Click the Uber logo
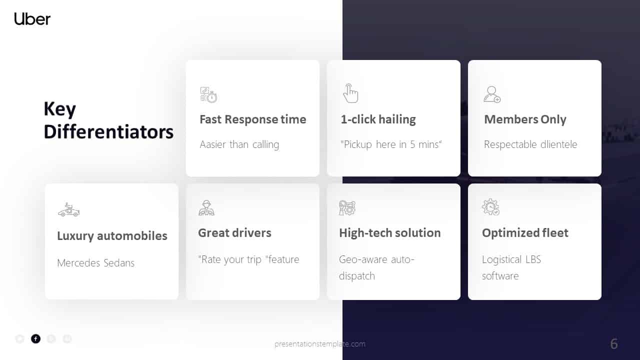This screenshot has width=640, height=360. pyautogui.click(x=32, y=19)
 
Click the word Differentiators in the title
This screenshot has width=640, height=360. pyautogui.click(x=108, y=132)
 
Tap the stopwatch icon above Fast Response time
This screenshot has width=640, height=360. pyautogui.click(x=208, y=95)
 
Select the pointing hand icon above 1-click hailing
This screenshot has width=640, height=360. pyautogui.click(x=350, y=93)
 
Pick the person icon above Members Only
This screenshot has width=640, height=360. pyautogui.click(x=492, y=94)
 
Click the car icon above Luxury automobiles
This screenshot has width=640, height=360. pyautogui.click(x=68, y=209)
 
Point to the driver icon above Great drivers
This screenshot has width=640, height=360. pyautogui.click(x=206, y=207)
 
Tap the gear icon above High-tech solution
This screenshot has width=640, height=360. pyautogui.click(x=347, y=207)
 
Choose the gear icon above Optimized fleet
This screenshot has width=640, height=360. pyautogui.click(x=490, y=207)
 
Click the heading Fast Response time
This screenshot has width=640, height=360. pyautogui.click(x=252, y=119)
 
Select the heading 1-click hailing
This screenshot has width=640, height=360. pyautogui.click(x=378, y=119)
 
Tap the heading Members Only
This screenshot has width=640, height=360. pyautogui.click(x=525, y=119)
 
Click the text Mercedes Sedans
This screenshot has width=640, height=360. pyautogui.click(x=95, y=263)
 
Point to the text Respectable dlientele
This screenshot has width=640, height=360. pyautogui.click(x=530, y=144)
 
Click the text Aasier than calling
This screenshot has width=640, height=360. pyautogui.click(x=239, y=144)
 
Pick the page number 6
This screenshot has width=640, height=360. pyautogui.click(x=614, y=344)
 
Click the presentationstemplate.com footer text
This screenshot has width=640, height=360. pyautogui.click(x=320, y=344)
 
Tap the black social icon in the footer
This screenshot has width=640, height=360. pyautogui.click(x=35, y=338)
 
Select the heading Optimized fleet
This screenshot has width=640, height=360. pyautogui.click(x=525, y=233)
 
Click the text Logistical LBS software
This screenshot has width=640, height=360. pyautogui.click(x=511, y=267)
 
